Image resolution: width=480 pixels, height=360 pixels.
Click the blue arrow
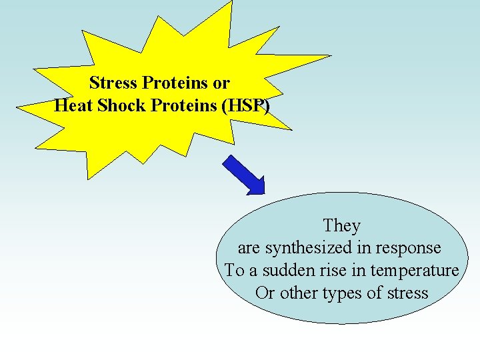point(243,175)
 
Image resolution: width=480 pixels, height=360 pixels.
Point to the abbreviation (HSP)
point(245,105)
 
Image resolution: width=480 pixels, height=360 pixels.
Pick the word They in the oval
point(341,226)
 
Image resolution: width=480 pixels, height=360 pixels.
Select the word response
point(408,248)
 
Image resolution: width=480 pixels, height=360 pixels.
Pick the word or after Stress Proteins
point(221,83)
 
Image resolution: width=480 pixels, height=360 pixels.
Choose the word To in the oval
point(235,271)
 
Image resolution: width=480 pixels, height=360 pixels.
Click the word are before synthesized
point(249,248)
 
